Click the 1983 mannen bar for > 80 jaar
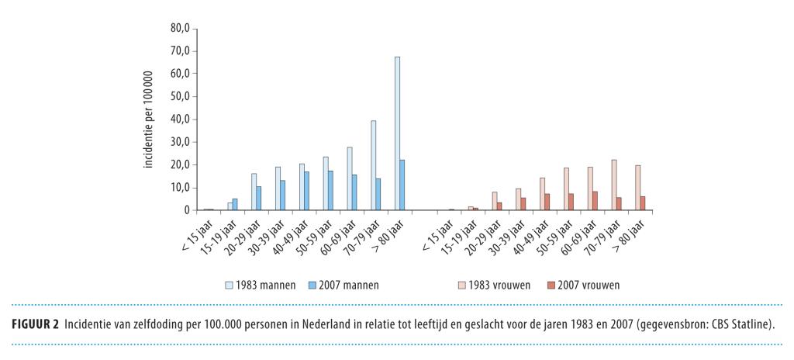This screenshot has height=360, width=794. pyautogui.click(x=398, y=133)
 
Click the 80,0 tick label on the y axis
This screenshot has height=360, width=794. pyautogui.click(x=179, y=29)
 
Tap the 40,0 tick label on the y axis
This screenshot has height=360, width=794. pyautogui.click(x=179, y=119)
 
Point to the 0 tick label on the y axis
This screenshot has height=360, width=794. pyautogui.click(x=186, y=210)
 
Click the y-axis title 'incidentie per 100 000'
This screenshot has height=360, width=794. pyautogui.click(x=148, y=119)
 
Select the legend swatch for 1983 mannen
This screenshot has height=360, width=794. pyautogui.click(x=229, y=285)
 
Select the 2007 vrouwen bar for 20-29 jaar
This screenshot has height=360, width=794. pyautogui.click(x=500, y=206)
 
